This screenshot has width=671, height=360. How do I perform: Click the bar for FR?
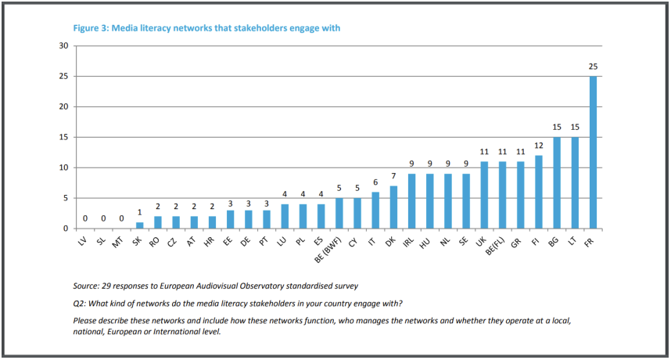tap(593, 153)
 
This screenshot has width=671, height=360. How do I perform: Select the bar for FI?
tap(539, 192)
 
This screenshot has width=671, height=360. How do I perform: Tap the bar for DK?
tap(393, 207)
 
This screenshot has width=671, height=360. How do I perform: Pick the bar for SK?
tap(141, 225)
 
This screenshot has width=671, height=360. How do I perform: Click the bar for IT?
tap(375, 211)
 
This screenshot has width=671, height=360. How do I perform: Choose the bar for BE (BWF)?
tap(339, 214)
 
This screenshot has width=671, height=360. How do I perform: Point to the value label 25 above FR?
tap(593, 67)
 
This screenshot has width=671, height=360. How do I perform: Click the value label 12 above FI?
tap(539, 146)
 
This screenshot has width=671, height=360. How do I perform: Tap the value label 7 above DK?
tap(393, 176)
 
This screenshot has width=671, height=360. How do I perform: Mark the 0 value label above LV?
tap(86, 219)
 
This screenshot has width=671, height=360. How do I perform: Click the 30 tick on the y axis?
tap(64, 46)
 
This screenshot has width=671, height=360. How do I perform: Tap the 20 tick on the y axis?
tap(64, 107)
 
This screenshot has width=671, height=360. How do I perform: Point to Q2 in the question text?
tap(79, 303)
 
